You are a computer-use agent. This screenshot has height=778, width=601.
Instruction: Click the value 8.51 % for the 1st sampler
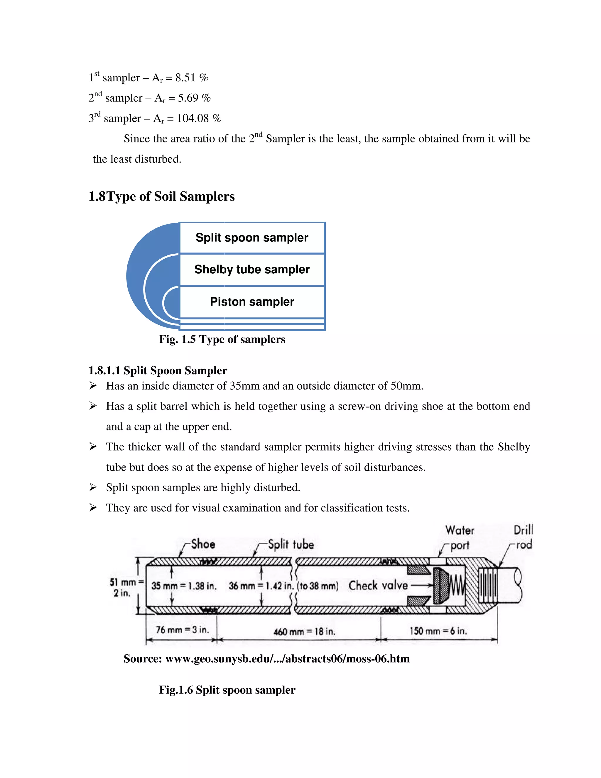(x=192, y=78)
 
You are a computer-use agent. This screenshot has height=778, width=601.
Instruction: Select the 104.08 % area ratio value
(x=199, y=118)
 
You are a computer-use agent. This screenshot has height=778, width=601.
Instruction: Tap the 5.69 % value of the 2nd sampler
(x=194, y=98)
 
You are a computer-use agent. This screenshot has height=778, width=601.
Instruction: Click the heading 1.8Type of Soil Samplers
(x=161, y=197)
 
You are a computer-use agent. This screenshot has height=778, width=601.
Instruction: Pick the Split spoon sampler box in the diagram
(x=252, y=238)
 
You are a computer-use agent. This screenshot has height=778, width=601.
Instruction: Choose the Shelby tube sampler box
(x=252, y=269)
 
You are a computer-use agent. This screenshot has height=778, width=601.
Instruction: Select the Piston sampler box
(x=252, y=302)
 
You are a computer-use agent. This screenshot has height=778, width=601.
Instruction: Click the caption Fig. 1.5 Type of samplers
(x=222, y=339)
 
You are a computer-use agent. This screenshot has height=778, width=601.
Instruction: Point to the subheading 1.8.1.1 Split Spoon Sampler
(x=157, y=371)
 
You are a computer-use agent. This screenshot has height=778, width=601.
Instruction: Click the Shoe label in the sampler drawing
(x=203, y=544)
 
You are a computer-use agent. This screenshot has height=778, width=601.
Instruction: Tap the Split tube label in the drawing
(x=291, y=544)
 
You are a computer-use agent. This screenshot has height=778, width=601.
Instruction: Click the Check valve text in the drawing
(x=378, y=585)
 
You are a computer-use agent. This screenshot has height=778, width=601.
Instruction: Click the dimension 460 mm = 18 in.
(x=304, y=632)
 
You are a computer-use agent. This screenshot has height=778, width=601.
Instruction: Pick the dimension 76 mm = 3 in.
(x=182, y=630)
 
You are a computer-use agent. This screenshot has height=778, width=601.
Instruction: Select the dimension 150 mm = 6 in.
(x=438, y=631)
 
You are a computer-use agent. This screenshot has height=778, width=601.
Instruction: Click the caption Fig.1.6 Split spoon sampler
(x=227, y=690)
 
